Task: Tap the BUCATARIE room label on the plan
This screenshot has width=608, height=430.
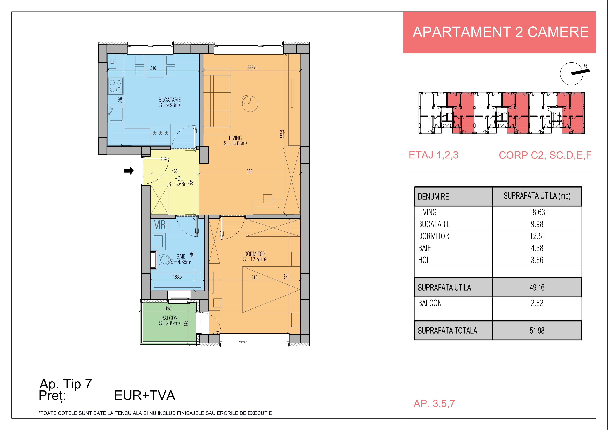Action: click(169, 100)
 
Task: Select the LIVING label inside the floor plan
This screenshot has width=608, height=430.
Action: click(235, 138)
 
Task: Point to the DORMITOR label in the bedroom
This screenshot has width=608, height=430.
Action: click(255, 254)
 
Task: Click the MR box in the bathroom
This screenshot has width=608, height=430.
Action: click(159, 225)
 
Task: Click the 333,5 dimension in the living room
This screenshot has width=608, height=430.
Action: click(252, 67)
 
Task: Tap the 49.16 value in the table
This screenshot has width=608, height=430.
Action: click(537, 288)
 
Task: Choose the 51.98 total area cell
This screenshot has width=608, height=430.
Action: click(537, 330)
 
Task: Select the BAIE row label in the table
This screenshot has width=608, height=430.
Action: click(424, 248)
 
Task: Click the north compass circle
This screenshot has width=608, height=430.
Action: click(571, 74)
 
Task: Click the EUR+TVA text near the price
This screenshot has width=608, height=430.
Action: click(145, 395)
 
